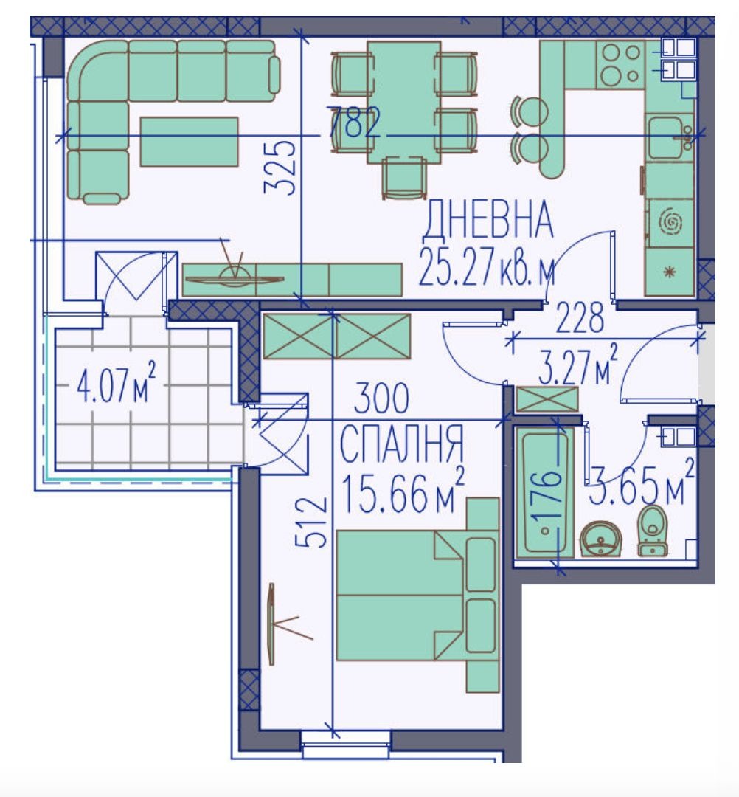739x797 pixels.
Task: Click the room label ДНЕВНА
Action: click(x=488, y=220)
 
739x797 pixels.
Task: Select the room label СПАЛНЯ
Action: click(x=401, y=443)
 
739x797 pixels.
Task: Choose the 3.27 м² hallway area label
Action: click(x=578, y=365)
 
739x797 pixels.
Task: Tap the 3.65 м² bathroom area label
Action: click(x=641, y=482)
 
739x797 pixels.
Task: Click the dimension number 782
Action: click(x=353, y=123)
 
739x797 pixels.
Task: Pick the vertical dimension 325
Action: click(x=280, y=168)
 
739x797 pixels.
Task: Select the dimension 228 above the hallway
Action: click(x=580, y=317)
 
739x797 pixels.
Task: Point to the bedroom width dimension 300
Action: click(x=381, y=398)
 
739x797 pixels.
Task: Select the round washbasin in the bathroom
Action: click(x=601, y=539)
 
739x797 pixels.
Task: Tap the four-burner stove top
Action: click(x=620, y=64)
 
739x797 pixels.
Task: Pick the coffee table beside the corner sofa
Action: click(x=189, y=142)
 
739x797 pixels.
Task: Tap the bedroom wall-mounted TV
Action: click(x=272, y=624)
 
